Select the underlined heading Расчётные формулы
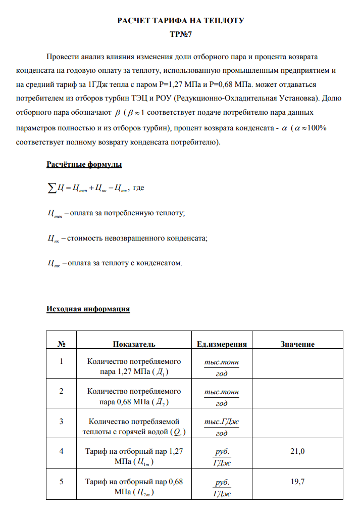tap(84, 165)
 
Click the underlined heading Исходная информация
tap(88, 309)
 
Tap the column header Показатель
tap(134, 344)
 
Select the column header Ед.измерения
tap(221, 344)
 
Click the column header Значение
tap(297, 344)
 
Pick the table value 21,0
tap(297, 451)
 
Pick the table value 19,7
tap(297, 482)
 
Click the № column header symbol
tap(62, 344)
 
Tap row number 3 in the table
tap(62, 421)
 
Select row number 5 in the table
tap(62, 482)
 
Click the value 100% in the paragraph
tap(317, 128)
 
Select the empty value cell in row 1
tap(297, 367)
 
